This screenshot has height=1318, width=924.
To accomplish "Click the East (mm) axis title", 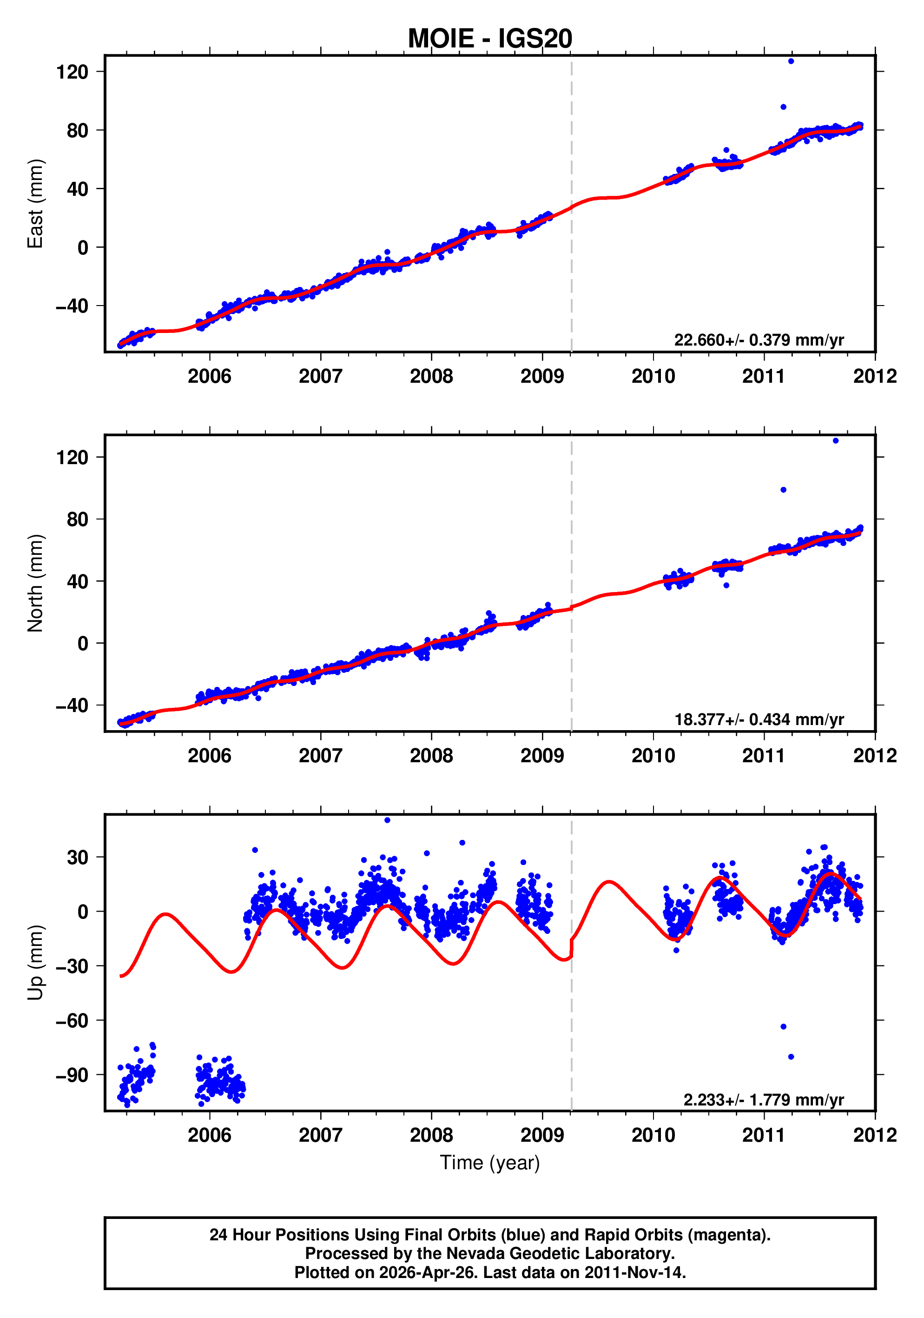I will pos(35,204).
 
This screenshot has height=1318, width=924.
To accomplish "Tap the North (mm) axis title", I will pos(35,583).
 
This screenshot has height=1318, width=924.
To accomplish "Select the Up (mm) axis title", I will pos(35,962).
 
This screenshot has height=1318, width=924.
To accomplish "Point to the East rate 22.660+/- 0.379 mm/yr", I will pos(758,340).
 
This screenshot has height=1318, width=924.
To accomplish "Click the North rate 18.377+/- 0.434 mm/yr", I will pos(758,719).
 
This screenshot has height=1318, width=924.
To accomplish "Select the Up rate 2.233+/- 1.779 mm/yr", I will pos(763,1100).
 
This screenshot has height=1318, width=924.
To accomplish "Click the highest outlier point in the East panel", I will pos(791,61).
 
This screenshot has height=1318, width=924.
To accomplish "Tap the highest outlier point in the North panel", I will pos(835,441).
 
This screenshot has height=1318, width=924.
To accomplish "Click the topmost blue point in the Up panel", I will pos(387,820).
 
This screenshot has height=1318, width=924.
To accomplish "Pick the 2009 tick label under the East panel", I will pos(542,377).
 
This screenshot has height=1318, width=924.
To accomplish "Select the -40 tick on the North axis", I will pos(72,706).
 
